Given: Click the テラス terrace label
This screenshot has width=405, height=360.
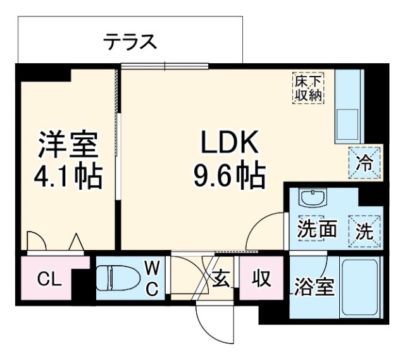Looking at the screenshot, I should (130, 42).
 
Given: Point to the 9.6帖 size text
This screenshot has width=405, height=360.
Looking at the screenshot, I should (229, 176).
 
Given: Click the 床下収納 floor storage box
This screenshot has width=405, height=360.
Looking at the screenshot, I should (308, 87).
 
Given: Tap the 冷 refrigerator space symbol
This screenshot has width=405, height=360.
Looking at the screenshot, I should (365, 162).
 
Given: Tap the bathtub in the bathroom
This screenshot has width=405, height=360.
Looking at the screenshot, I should (359, 288).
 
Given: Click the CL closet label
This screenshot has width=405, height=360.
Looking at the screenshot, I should (49, 279).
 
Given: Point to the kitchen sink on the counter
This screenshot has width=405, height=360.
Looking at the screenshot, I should (347, 123).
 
